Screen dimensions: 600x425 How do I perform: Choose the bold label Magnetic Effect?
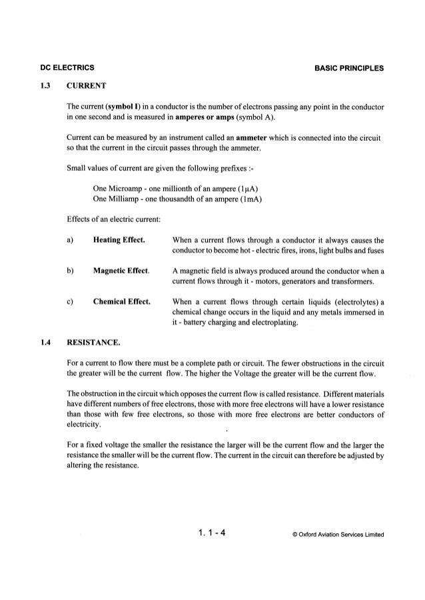(x=122, y=271)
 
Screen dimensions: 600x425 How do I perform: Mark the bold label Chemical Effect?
(x=122, y=302)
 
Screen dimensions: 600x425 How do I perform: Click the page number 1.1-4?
(x=212, y=532)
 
